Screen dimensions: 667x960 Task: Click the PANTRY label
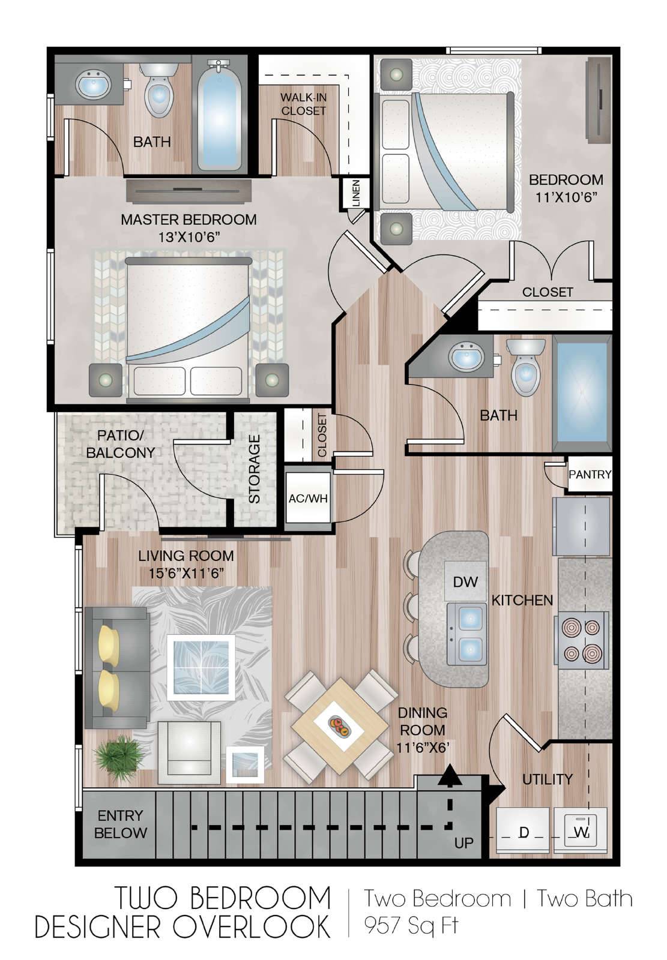(x=590, y=475)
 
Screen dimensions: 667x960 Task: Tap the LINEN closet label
(x=355, y=194)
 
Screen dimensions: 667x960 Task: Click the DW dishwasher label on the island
(x=465, y=582)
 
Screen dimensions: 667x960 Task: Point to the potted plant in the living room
(x=119, y=754)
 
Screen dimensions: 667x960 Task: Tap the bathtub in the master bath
(x=219, y=116)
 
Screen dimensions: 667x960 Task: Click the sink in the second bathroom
(x=466, y=356)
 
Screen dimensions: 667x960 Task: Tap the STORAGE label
(x=255, y=469)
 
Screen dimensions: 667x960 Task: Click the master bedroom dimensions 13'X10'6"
(x=189, y=236)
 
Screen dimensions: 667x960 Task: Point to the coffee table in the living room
(x=201, y=664)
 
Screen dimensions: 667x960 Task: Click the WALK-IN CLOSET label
(x=304, y=104)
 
